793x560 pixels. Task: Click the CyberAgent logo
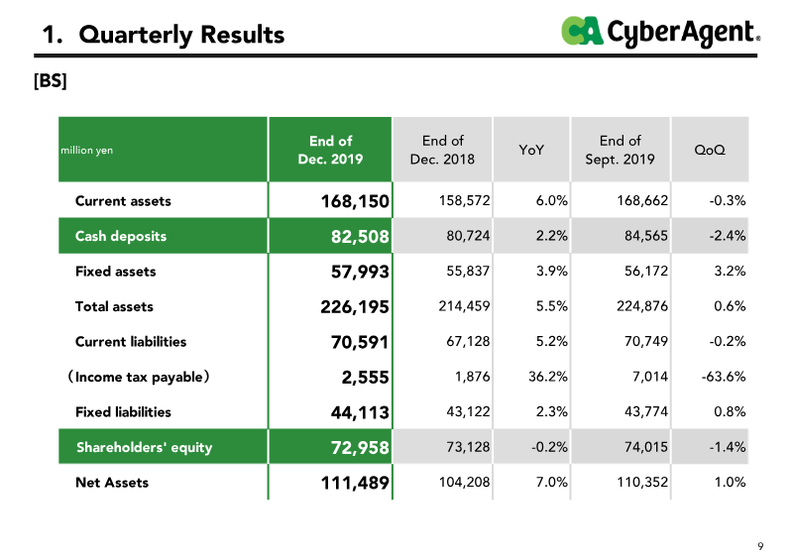[660, 32]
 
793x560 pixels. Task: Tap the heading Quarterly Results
[181, 35]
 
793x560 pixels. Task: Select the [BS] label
[51, 80]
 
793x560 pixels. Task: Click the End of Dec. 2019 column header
[330, 150]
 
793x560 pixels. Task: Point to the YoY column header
[531, 150]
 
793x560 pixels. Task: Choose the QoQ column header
[710, 150]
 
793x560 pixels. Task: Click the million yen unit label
[87, 151]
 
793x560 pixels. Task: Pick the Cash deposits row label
[121, 236]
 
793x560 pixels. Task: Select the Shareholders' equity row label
[144, 447]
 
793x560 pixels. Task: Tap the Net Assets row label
[112, 483]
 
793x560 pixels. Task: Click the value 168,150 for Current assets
[355, 201]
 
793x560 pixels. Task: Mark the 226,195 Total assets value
[355, 307]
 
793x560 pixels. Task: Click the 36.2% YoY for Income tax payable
[548, 377]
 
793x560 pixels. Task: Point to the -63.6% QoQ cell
[724, 377]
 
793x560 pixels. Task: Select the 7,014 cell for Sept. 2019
[650, 377]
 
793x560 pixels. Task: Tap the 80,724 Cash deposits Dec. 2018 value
[468, 236]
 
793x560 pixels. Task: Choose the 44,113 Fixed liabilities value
[360, 412]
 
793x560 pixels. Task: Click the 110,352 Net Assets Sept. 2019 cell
[642, 482]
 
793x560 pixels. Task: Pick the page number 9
[760, 546]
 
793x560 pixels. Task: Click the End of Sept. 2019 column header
[621, 150]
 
